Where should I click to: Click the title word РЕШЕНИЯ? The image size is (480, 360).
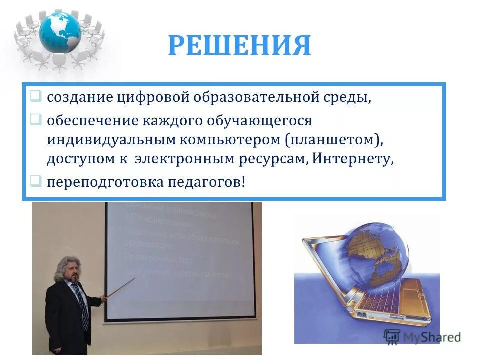click(x=239, y=46)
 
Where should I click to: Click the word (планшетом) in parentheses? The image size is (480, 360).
click(x=334, y=140)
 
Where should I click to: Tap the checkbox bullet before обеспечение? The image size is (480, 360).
click(x=35, y=120)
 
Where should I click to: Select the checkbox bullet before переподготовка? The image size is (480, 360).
click(x=35, y=180)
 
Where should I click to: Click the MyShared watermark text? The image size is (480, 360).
click(x=430, y=336)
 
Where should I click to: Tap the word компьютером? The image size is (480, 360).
click(x=231, y=140)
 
